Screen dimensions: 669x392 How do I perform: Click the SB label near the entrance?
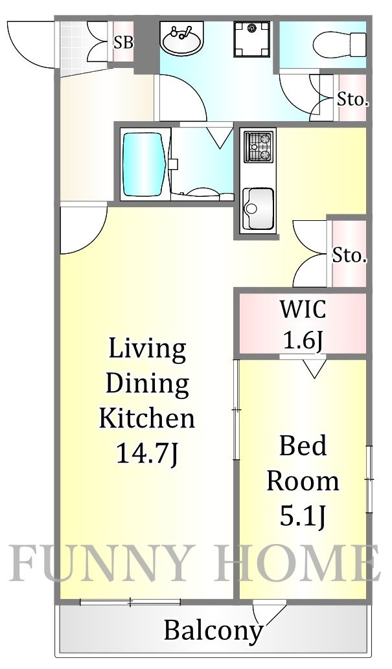point(123,43)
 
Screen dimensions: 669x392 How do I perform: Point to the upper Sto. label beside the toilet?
point(352,100)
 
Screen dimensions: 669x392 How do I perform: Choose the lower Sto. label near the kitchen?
point(349,255)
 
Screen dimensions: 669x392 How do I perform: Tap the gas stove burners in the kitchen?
point(259,146)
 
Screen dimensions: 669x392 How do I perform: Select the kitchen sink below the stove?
point(259,207)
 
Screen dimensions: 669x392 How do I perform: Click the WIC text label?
point(302,309)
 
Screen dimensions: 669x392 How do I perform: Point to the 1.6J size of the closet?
point(302,339)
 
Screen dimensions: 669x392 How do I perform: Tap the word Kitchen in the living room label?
point(146,418)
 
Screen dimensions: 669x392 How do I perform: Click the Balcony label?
point(213,629)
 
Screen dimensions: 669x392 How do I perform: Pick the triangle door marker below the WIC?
point(315,369)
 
